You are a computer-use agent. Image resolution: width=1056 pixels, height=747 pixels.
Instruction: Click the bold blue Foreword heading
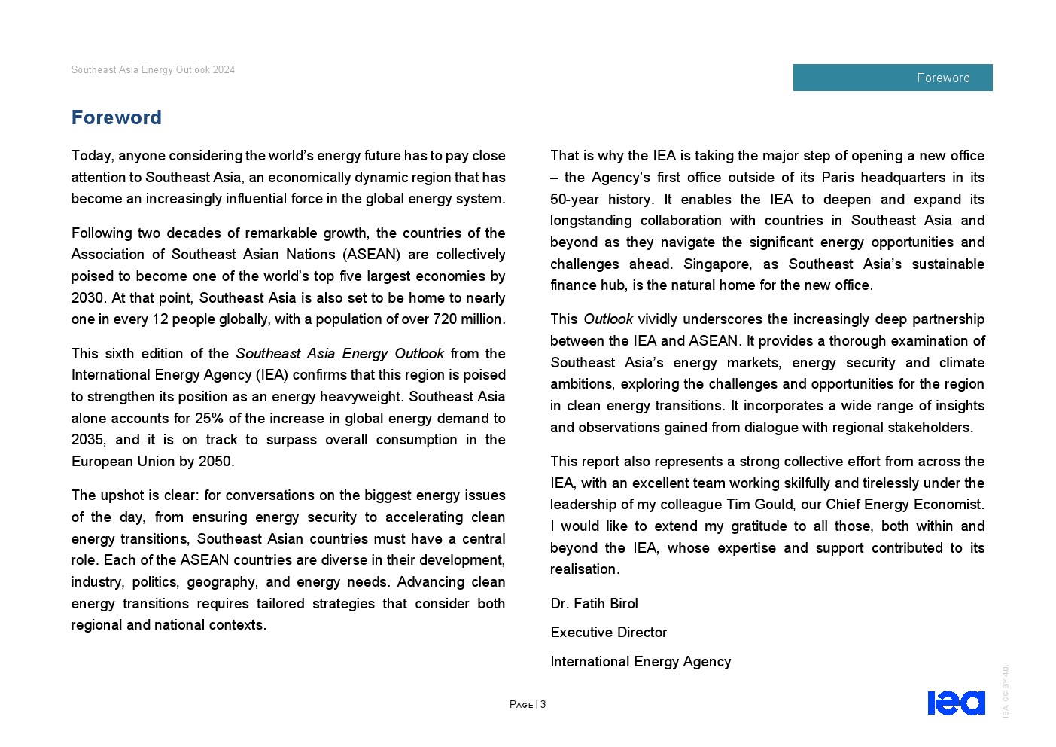(x=117, y=118)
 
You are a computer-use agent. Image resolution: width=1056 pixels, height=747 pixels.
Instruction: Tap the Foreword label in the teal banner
(x=942, y=78)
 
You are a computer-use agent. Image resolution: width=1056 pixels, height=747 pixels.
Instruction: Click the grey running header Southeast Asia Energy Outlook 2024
(x=153, y=70)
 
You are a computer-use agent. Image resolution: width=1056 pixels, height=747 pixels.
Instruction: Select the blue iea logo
(x=956, y=703)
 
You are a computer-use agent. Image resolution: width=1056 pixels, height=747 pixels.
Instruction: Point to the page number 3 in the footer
(x=543, y=705)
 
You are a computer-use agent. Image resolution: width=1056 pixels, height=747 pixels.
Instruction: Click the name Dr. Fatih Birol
(x=594, y=604)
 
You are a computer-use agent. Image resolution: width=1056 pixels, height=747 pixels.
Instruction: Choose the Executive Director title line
(x=608, y=633)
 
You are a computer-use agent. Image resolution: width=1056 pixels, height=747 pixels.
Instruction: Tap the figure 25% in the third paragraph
(x=208, y=419)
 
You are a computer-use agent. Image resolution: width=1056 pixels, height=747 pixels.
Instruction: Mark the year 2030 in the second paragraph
(x=87, y=298)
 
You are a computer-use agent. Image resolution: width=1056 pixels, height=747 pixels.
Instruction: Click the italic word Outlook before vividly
(x=607, y=319)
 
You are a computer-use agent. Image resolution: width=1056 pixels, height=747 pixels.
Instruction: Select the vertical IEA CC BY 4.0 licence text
(x=1006, y=691)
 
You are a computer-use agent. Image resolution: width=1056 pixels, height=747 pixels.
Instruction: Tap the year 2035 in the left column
(x=87, y=440)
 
